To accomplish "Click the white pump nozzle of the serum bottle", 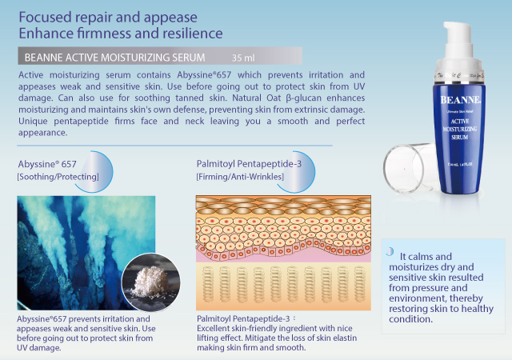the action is [x=458, y=39].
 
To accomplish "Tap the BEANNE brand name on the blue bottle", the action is [x=461, y=100].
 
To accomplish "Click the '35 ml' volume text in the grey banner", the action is [x=243, y=58].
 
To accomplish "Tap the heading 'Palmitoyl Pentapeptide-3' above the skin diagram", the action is [x=249, y=164].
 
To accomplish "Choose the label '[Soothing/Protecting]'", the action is [x=58, y=177].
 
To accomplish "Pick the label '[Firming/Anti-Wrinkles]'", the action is [x=240, y=177].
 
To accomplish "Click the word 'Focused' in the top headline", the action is [x=45, y=17].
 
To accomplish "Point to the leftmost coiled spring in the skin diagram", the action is [x=208, y=284].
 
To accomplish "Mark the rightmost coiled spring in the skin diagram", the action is [x=359, y=284].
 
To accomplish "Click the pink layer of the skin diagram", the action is [x=283, y=257].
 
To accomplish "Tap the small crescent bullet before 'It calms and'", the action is [x=390, y=251].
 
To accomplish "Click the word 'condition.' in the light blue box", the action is [x=410, y=319].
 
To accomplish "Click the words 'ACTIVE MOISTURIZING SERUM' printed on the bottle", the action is [x=460, y=129].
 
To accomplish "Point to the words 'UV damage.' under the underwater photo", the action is [x=39, y=347].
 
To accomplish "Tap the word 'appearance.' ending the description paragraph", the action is [x=42, y=133].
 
